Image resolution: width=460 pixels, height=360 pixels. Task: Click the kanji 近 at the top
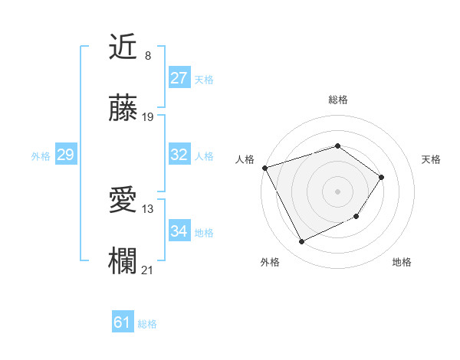tap(123, 47)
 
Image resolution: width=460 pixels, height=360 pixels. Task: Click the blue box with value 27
tap(179, 78)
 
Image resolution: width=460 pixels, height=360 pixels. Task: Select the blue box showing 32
tap(179, 155)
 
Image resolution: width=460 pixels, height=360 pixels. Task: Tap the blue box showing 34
tap(179, 231)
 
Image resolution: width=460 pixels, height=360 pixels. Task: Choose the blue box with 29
tap(66, 155)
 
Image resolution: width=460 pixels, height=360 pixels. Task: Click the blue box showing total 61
tap(123, 323)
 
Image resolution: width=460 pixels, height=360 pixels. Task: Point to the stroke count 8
tap(147, 55)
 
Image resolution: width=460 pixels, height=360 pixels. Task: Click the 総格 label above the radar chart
tap(337, 100)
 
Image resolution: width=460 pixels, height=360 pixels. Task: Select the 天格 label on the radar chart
tap(431, 159)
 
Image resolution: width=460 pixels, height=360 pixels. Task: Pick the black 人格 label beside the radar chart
tap(245, 159)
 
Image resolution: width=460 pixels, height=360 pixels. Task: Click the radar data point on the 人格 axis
tap(264, 168)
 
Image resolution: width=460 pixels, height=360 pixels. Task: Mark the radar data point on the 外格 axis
tap(301, 242)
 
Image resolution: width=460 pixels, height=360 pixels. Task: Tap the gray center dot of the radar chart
tap(337, 191)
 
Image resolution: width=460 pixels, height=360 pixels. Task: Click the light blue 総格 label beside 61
tap(147, 324)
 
